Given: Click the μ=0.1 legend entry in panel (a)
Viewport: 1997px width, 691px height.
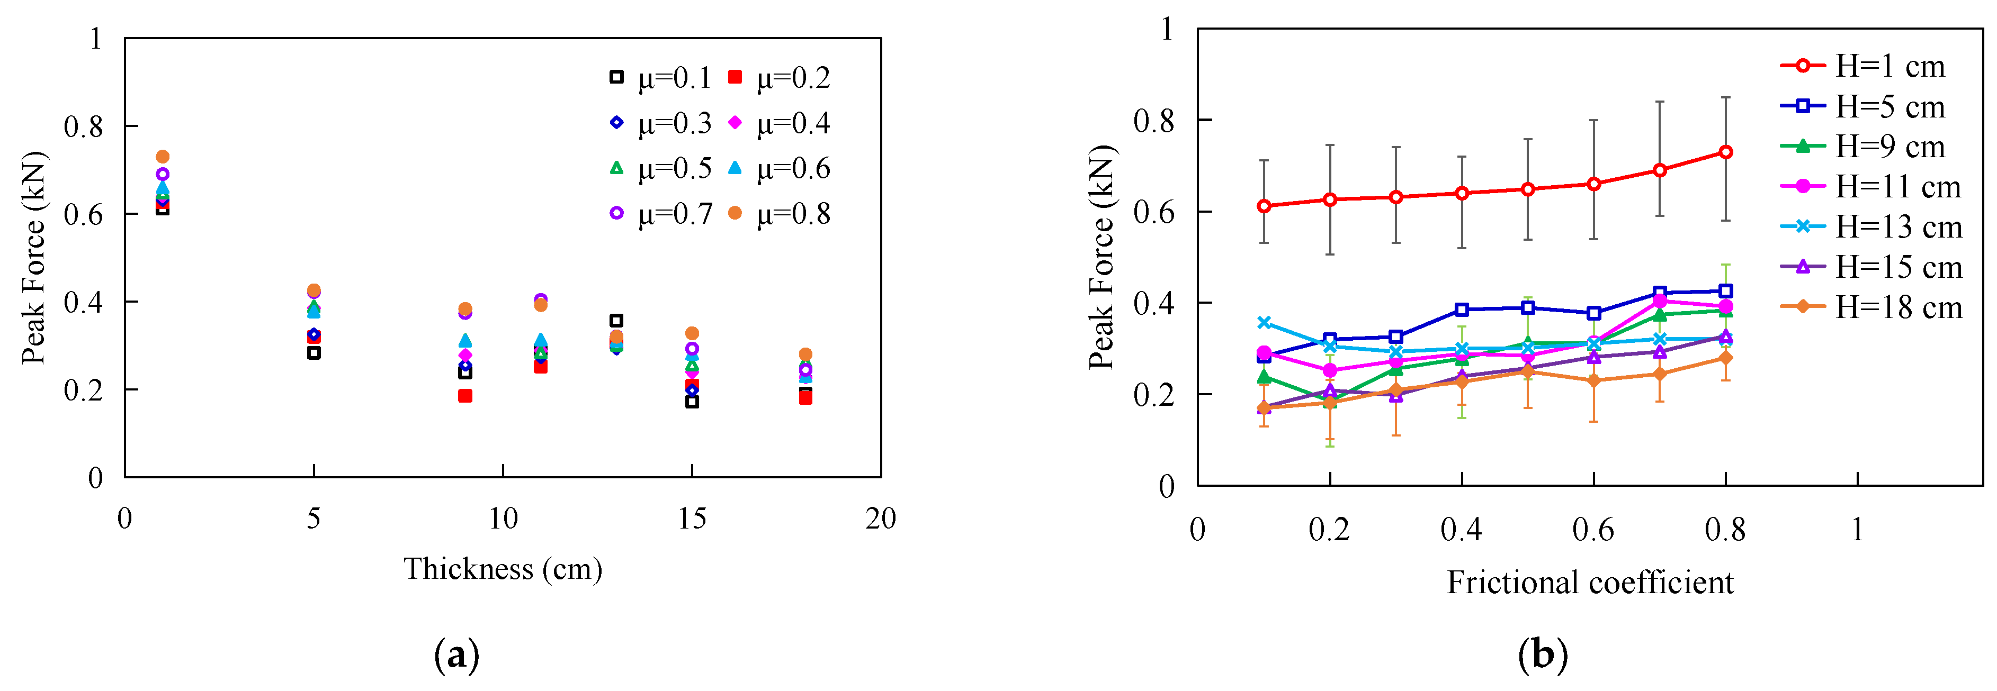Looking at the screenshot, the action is point(660,77).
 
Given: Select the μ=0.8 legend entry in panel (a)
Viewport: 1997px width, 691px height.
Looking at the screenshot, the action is point(779,214).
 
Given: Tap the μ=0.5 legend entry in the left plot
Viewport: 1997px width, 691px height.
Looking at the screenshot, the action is point(660,168).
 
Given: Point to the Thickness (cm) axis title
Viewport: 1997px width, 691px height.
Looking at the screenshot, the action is point(503,569).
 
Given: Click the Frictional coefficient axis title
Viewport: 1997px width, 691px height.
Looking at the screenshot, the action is point(1590,583).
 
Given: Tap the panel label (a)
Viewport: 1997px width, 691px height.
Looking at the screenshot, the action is point(456,656).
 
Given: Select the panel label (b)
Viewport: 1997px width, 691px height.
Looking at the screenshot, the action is point(1542,656).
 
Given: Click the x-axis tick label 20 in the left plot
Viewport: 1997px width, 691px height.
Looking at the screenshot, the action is point(881,519).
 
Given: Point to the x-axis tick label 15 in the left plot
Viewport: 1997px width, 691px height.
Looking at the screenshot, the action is point(692,519).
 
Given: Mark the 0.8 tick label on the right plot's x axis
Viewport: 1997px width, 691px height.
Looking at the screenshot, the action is point(1725,530).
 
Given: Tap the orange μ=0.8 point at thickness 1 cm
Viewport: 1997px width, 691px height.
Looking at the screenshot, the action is point(162,157).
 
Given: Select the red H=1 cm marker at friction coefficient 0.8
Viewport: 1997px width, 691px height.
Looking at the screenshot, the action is point(1726,152).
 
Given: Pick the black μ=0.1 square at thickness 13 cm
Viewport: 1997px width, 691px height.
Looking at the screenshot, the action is point(616,320).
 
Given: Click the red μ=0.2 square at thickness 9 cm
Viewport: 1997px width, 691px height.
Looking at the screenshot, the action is point(465,396).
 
